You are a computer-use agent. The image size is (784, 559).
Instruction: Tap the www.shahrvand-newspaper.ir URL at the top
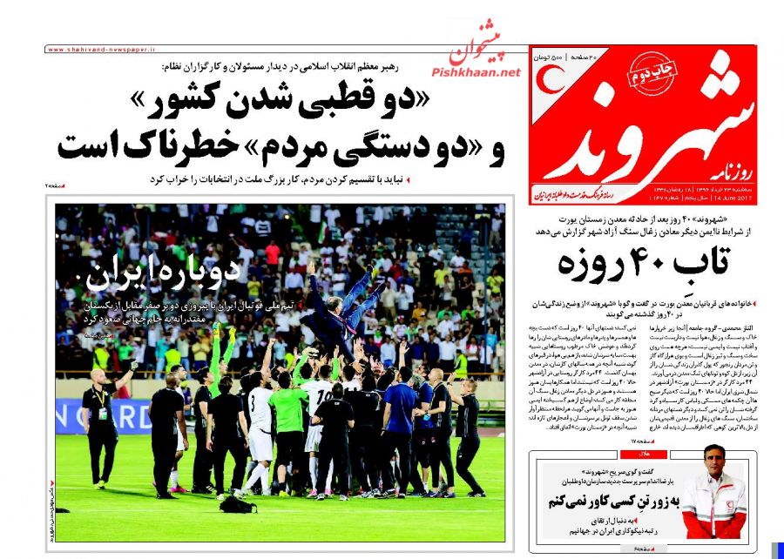click(x=97, y=51)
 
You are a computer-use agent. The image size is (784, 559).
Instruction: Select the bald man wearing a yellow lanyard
click(x=102, y=409)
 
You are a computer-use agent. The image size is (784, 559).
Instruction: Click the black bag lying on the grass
click(x=236, y=503)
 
